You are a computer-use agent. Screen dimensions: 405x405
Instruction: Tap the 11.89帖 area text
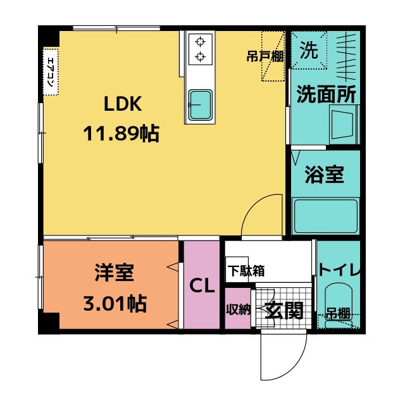pos(121,133)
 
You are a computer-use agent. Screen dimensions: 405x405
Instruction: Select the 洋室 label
pos(115,274)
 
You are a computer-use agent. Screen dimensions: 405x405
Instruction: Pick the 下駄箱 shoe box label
pos(246,270)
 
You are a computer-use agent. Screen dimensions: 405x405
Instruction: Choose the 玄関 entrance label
pos(283,310)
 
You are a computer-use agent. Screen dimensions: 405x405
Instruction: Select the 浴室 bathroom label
pos(325,175)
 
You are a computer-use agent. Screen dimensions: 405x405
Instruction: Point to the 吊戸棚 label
pos(265,56)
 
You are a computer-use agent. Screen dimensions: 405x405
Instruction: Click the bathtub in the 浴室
pos(325,215)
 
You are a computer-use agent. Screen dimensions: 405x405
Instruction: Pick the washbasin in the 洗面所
pos(344,123)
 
